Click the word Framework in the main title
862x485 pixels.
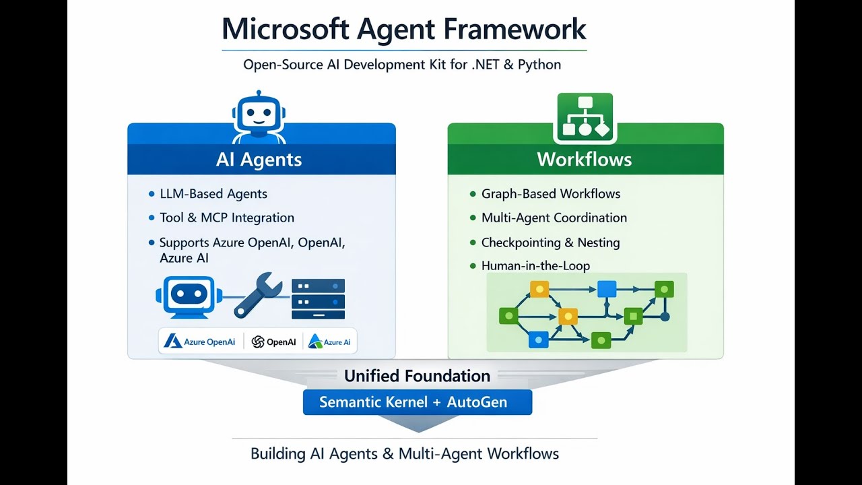click(x=515, y=29)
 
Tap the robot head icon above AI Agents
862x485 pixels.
click(x=259, y=117)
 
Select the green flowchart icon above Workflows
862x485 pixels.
click(x=585, y=118)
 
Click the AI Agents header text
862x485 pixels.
click(x=259, y=160)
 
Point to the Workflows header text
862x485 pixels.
click(x=585, y=160)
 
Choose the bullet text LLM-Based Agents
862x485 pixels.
click(x=213, y=193)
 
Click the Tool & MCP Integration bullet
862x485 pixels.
click(x=227, y=218)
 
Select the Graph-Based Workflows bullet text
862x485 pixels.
click(x=551, y=193)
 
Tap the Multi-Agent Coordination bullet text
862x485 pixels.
click(x=554, y=218)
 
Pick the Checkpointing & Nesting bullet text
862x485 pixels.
click(x=551, y=243)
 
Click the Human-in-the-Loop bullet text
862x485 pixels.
click(x=535, y=265)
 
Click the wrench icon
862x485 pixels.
click(x=257, y=296)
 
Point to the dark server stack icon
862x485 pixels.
click(x=319, y=299)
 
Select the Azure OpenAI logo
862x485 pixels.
click(x=199, y=342)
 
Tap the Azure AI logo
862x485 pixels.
click(x=329, y=342)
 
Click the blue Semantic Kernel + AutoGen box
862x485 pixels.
click(x=418, y=402)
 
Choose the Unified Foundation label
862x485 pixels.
click(x=417, y=376)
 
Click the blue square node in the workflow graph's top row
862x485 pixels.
click(x=607, y=289)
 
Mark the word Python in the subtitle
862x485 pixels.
click(x=539, y=64)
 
